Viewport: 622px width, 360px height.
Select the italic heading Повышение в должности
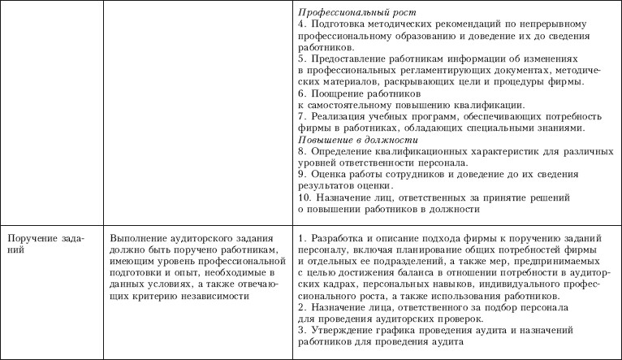click(350, 139)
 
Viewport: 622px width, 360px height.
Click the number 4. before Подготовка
click(301, 25)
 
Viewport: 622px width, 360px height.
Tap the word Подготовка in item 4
click(337, 25)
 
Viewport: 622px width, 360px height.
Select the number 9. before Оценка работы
click(301, 174)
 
